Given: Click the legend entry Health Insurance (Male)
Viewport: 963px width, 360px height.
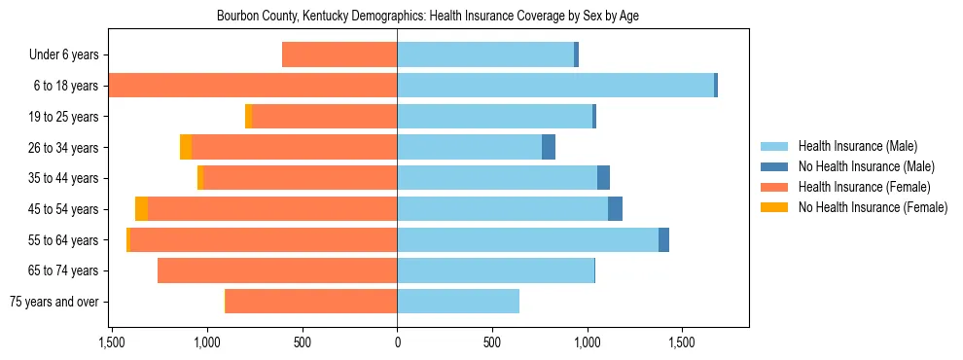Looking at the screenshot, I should pos(853,147).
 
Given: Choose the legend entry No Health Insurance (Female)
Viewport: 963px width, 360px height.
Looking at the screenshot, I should pos(873,207).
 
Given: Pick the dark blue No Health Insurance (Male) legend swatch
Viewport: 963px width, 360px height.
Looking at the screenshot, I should pos(774,167).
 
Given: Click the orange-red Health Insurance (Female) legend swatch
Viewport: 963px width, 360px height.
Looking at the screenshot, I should pos(774,187).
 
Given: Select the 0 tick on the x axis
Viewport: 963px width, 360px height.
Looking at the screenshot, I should pos(397,342).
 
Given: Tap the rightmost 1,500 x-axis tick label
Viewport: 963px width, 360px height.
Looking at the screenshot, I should pos(682,342).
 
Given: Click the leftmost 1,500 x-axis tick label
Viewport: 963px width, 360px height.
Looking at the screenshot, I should pos(112,342).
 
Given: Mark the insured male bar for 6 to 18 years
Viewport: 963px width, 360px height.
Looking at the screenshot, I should pos(554,86).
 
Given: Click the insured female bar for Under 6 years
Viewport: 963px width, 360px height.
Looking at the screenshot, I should pos(339,55).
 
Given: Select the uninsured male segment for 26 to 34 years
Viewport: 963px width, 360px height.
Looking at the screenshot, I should pos(549,148).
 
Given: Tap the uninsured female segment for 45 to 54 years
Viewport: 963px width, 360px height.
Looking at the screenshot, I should pos(141,209).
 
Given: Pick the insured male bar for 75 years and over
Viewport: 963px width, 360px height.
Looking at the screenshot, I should pos(457,302).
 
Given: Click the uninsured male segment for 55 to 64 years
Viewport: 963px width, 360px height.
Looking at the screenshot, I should pos(663,240).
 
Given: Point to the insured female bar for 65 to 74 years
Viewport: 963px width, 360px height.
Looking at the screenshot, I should pos(277,270).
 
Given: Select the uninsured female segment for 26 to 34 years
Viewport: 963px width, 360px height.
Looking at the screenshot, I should pos(186,148).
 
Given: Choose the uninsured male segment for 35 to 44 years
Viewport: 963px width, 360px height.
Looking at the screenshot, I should pos(603,178).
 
